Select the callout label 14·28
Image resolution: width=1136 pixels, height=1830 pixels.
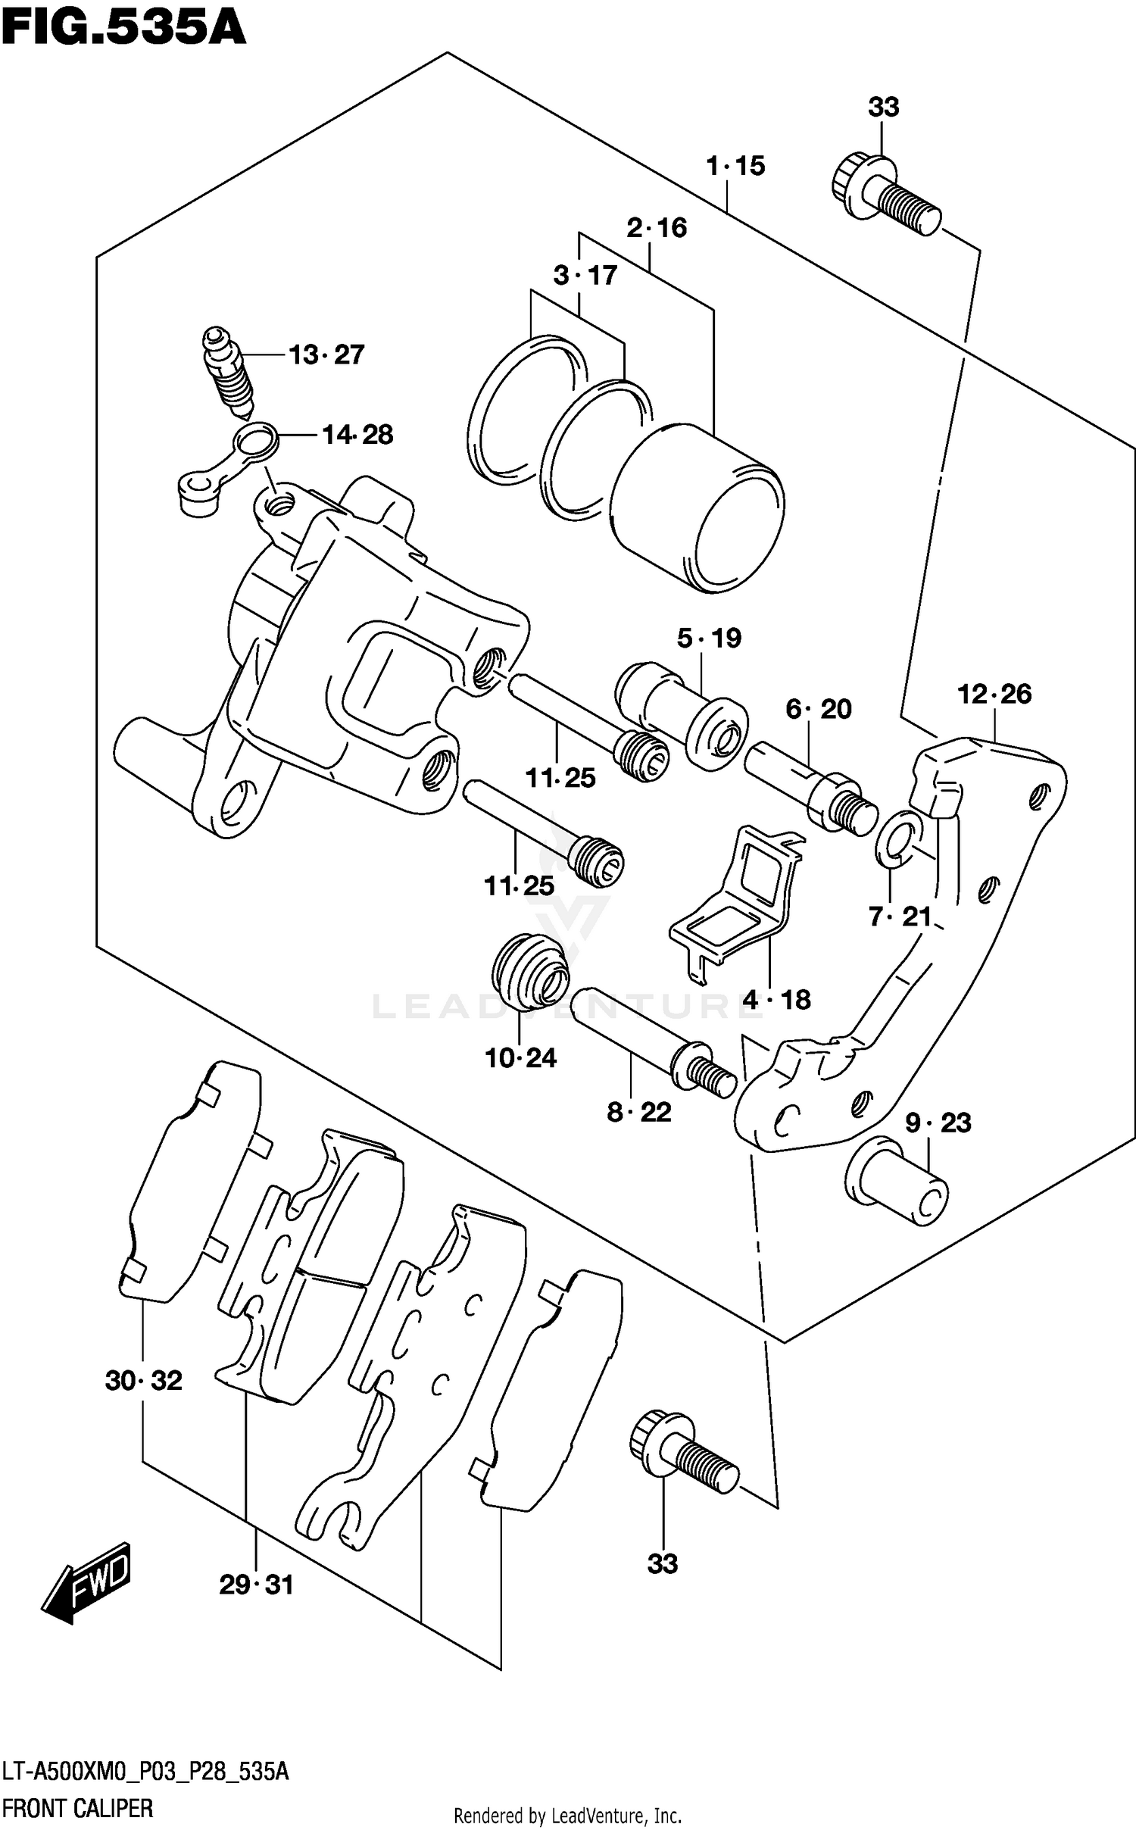[x=357, y=435]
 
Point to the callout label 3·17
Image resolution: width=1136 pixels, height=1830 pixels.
[x=585, y=275]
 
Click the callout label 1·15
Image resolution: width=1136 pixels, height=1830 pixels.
[x=735, y=166]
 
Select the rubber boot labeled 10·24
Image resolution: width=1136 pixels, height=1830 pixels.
[x=529, y=973]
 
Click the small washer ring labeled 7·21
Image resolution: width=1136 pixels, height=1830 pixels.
[x=898, y=839]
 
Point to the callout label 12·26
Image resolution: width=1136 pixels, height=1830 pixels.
[x=994, y=694]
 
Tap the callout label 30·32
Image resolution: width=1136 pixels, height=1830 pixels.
[x=143, y=1381]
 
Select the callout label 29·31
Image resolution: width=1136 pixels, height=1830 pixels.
[x=256, y=1585]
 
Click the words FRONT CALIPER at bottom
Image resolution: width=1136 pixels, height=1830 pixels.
[x=77, y=1808]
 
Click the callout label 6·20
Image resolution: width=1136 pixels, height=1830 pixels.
[x=818, y=709]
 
